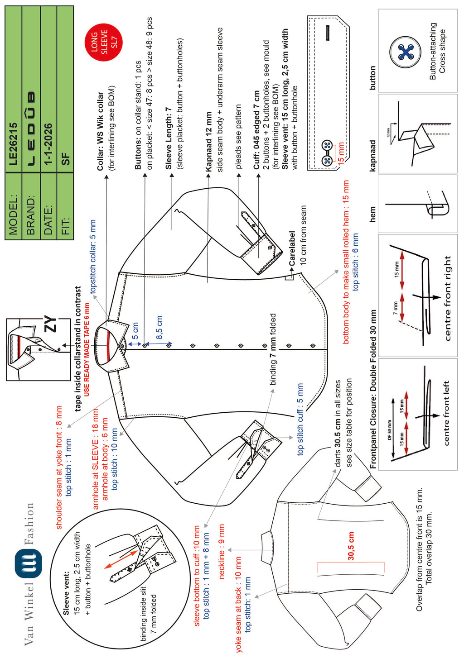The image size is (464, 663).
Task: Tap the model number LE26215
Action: [13, 144]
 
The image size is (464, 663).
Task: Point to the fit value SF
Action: [66, 159]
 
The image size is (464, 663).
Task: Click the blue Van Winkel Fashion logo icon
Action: [28, 563]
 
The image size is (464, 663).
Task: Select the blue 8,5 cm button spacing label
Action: [159, 327]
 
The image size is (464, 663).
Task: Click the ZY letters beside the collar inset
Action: [51, 324]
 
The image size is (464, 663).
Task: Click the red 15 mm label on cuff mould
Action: [341, 152]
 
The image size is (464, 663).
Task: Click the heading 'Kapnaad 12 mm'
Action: [208, 142]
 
